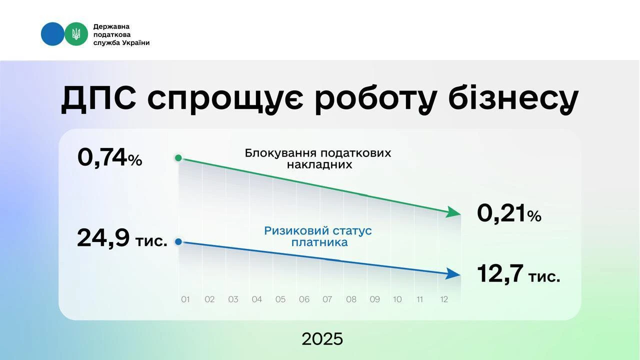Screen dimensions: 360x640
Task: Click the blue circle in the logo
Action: pyautogui.click(x=52, y=34)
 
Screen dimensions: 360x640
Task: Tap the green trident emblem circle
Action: pyautogui.click(x=76, y=34)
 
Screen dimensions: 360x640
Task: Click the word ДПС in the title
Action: pyautogui.click(x=98, y=99)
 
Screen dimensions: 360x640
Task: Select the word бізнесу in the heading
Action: pyautogui.click(x=513, y=99)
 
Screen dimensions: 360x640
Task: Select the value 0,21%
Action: pyautogui.click(x=509, y=214)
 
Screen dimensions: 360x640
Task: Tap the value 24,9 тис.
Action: pyautogui.click(x=122, y=238)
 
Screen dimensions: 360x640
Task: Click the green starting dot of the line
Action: pyautogui.click(x=178, y=158)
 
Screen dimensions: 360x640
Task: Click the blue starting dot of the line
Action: pyautogui.click(x=178, y=242)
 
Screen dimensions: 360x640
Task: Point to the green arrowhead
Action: pyautogui.click(x=454, y=212)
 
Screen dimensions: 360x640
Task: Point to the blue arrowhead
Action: pyautogui.click(x=454, y=273)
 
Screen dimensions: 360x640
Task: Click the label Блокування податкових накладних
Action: pyautogui.click(x=318, y=158)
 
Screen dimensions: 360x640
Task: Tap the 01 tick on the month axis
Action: pyautogui.click(x=185, y=299)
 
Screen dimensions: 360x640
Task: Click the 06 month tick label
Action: pyautogui.click(x=304, y=299)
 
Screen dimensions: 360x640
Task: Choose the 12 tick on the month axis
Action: pyautogui.click(x=443, y=299)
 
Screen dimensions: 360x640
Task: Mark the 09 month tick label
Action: pyautogui.click(x=374, y=299)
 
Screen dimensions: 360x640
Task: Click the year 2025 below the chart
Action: pyautogui.click(x=322, y=339)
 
